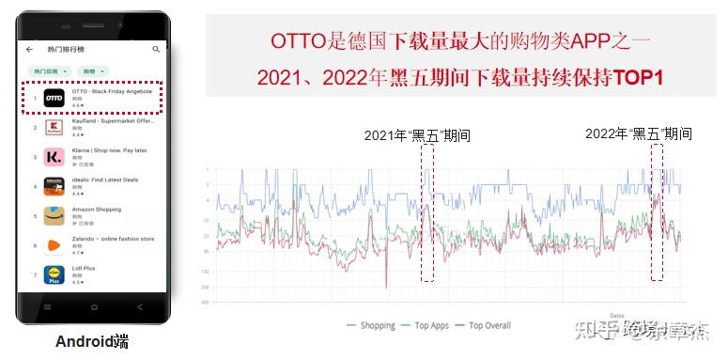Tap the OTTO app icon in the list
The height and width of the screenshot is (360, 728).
point(54,98)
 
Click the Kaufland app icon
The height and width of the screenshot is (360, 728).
point(54,127)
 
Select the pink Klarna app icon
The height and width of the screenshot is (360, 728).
point(54,156)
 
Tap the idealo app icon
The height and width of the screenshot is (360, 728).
point(54,186)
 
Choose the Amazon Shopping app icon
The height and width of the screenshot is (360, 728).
point(54,215)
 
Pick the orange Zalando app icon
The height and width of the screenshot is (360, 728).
point(54,245)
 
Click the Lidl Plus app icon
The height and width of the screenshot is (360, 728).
point(54,274)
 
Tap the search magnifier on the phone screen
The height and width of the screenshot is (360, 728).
point(156,49)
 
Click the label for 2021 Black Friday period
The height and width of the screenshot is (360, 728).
point(417,135)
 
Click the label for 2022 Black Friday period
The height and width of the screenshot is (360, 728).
point(638,133)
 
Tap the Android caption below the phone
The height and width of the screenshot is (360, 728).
point(91,341)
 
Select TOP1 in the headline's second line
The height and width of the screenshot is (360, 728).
point(639,77)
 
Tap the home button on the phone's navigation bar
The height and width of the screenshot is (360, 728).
point(94,307)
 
